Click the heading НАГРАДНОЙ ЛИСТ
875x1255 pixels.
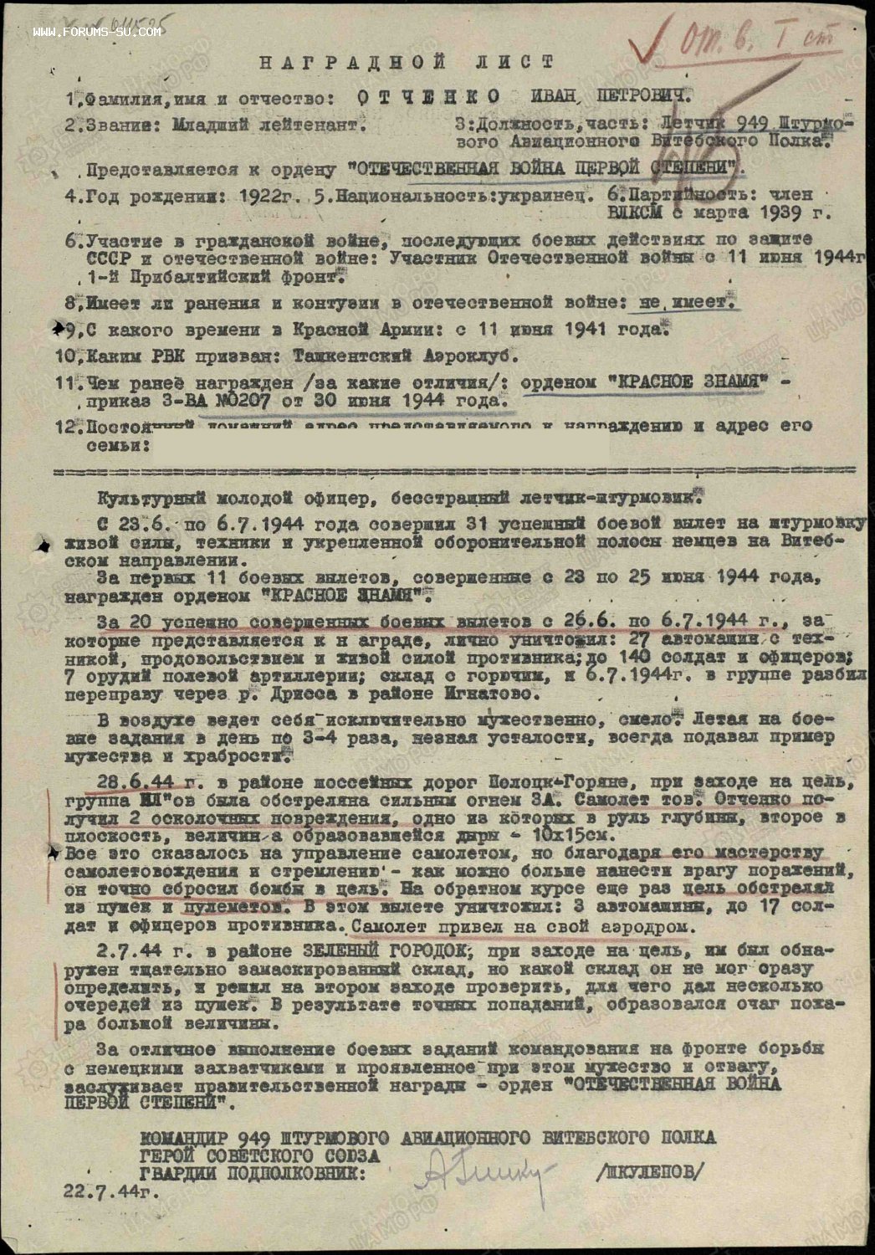coord(406,63)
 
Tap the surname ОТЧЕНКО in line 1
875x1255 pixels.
coord(427,97)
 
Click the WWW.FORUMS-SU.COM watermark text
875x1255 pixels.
coord(97,33)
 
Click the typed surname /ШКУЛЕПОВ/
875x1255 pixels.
coord(649,1171)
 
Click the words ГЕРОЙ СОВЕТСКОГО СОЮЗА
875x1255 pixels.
coord(259,1155)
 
